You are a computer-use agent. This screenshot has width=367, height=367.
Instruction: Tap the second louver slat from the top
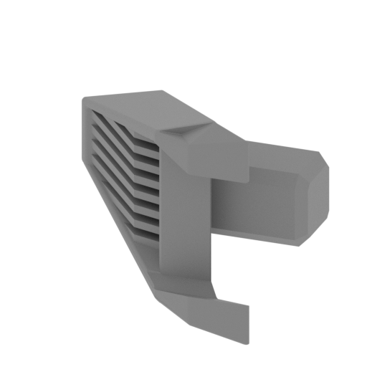click(125, 142)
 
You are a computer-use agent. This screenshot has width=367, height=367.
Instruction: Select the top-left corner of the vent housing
click(85, 100)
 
